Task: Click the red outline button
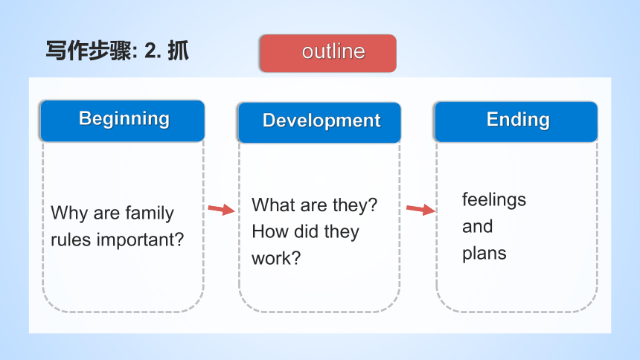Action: pos(328,53)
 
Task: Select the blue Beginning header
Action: pos(123,120)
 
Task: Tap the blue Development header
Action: pos(319,123)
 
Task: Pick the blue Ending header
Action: pos(516,122)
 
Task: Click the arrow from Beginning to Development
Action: pos(221,210)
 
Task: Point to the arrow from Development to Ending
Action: pos(420,210)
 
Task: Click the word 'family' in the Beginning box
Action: pos(150,213)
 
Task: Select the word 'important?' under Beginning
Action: pos(141,240)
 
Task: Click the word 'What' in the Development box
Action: pos(273,205)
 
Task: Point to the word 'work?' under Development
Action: pos(276,258)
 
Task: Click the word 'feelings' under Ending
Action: pos(494,200)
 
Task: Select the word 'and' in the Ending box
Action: pos(478,227)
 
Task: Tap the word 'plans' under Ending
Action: pos(484,254)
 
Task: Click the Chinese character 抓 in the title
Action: pos(179,51)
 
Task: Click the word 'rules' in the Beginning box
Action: pos(71,240)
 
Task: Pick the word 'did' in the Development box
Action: pos(306,231)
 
